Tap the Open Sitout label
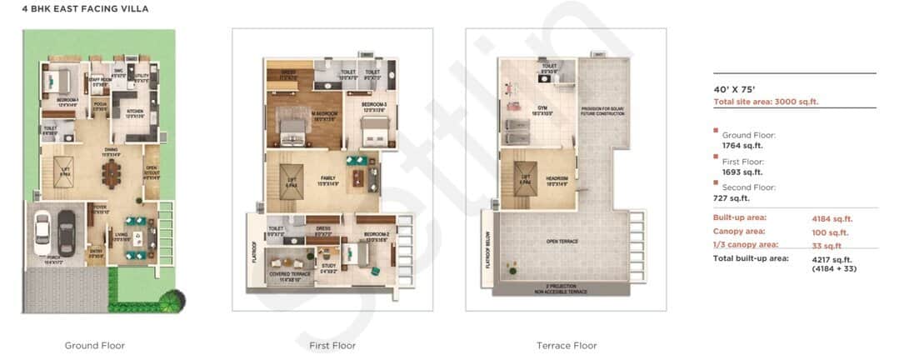pyautogui.click(x=151, y=173)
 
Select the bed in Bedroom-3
pyautogui.click(x=370, y=129)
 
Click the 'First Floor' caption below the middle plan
pyautogui.click(x=332, y=345)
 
